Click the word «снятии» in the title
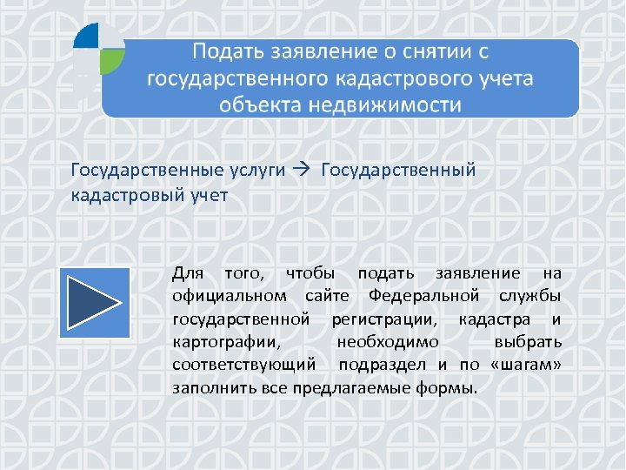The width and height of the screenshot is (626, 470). pos(414,50)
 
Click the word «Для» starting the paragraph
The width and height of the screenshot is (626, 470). pos(188,274)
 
